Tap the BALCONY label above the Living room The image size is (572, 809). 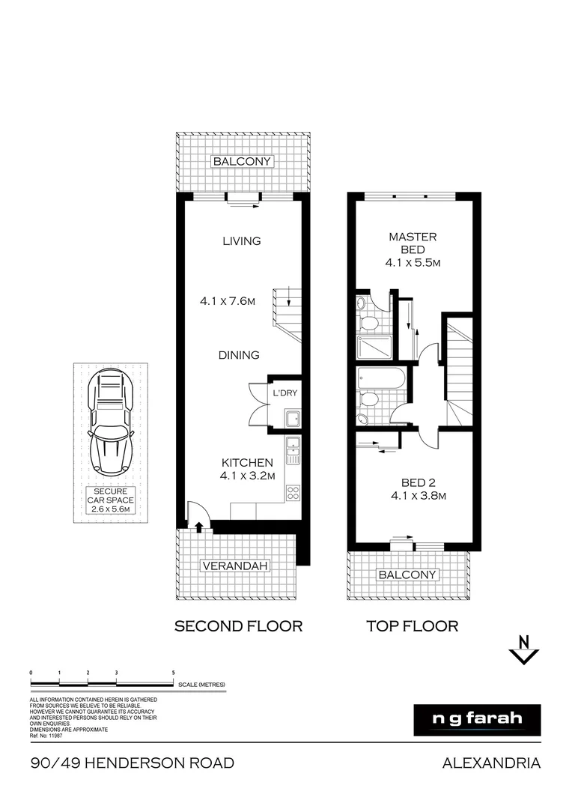(x=242, y=161)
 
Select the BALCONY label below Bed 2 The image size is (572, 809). (x=407, y=575)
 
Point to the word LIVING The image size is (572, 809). (x=241, y=240)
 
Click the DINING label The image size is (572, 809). (x=240, y=355)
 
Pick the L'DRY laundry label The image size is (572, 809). (x=285, y=393)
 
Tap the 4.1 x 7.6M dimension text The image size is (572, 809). (x=228, y=301)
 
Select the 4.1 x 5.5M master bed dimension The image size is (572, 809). (x=413, y=263)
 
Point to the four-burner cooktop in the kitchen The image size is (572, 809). (x=293, y=493)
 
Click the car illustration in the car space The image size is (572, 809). (x=110, y=423)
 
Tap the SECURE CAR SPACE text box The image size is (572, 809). (x=110, y=500)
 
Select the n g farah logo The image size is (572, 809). (x=477, y=719)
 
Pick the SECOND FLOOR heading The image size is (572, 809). (x=238, y=625)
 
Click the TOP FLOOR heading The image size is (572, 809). (x=411, y=625)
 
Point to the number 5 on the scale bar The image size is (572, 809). (x=174, y=673)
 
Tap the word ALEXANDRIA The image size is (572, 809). (x=491, y=763)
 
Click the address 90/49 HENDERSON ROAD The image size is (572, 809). (x=133, y=763)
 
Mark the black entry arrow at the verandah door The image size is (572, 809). (x=198, y=527)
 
